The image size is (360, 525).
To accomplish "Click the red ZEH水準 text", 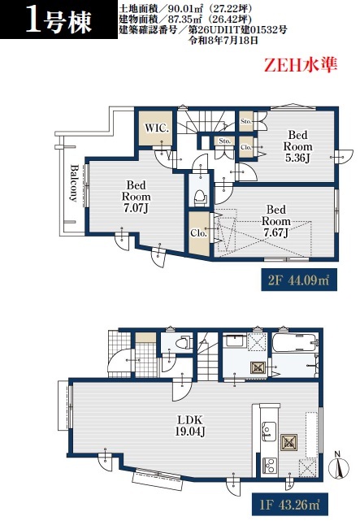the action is click(x=301, y=65).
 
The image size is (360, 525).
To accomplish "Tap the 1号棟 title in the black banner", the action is click(x=59, y=22).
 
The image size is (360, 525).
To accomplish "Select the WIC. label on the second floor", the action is click(x=157, y=128).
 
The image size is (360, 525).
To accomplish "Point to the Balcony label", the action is click(x=74, y=183).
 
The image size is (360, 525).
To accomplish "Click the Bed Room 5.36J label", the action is click(x=297, y=146).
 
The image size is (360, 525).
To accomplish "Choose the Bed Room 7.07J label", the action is click(x=136, y=197).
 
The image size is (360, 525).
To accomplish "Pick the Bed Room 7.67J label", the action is click(x=276, y=221).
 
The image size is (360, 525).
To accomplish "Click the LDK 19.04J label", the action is click(x=190, y=426).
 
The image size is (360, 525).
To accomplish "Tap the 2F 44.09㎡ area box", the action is click(x=299, y=280).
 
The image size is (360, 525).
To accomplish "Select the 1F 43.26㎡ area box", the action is click(x=289, y=505).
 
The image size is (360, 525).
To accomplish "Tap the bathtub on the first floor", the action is click(x=294, y=342).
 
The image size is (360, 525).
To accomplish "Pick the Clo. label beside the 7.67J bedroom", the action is click(x=198, y=233).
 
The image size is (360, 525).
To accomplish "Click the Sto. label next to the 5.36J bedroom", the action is click(x=246, y=121).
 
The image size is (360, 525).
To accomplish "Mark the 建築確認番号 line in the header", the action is click(x=202, y=30).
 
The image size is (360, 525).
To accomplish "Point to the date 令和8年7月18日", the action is click(x=223, y=41).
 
